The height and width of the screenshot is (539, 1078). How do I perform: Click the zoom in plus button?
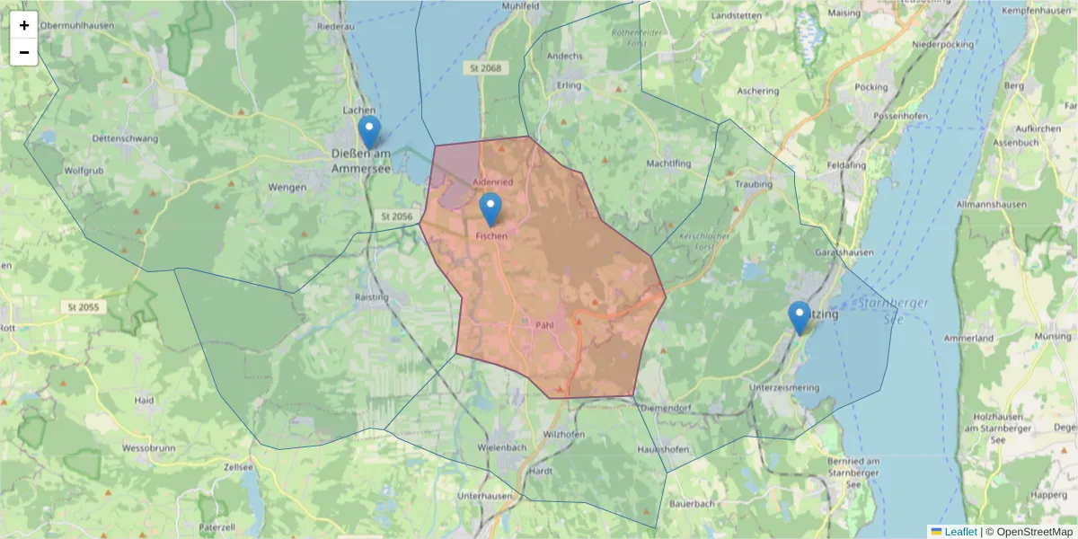24,25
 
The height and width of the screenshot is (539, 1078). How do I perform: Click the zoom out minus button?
24,52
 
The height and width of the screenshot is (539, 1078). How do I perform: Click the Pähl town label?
542,325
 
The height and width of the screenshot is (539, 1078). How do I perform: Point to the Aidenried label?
493,182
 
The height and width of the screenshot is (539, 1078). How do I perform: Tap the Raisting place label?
373,296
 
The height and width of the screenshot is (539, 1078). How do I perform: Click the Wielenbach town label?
502,447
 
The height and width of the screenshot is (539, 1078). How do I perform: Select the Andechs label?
565,56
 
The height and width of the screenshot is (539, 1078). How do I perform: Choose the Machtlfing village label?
668,163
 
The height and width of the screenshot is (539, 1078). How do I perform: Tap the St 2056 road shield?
395,216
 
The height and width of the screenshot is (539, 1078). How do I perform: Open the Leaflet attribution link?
959,531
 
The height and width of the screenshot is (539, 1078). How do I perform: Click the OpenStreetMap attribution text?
1030,531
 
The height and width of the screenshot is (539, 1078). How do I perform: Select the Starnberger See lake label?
894,311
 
